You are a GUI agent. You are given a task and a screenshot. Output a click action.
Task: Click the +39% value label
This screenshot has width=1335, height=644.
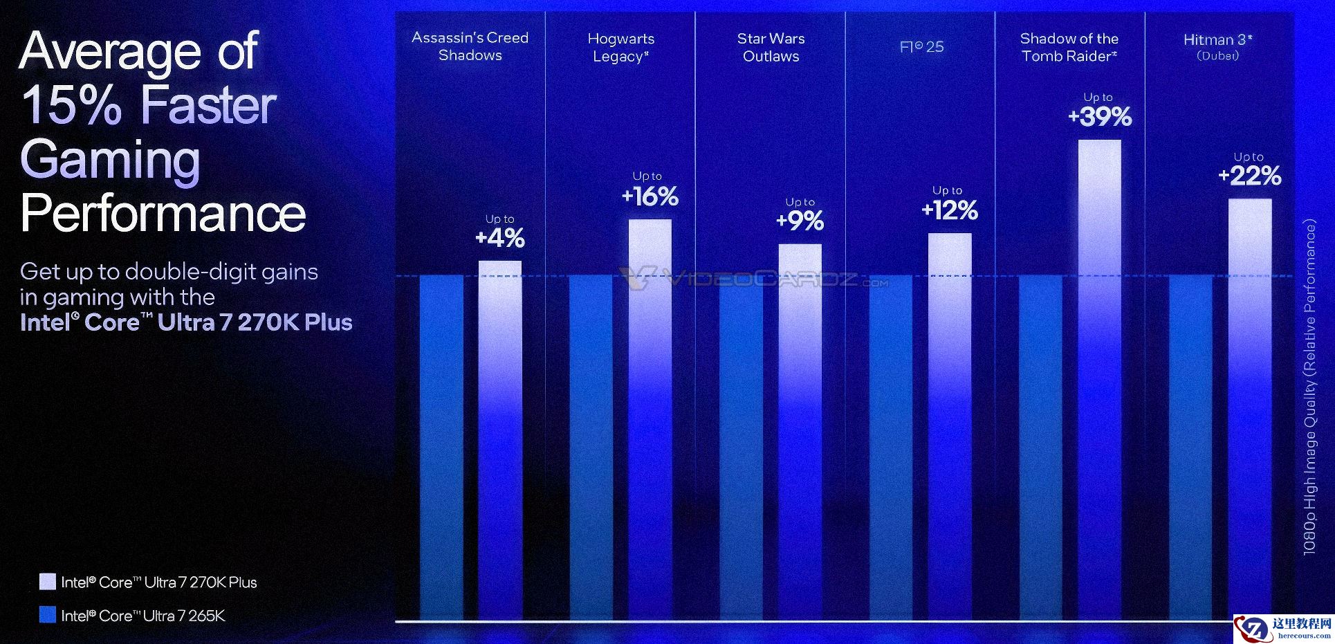pyautogui.click(x=1100, y=116)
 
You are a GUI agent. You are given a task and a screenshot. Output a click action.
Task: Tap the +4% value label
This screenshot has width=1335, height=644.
pyautogui.click(x=500, y=238)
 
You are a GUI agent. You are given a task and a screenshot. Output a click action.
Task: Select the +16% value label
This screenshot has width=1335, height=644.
pyautogui.click(x=650, y=196)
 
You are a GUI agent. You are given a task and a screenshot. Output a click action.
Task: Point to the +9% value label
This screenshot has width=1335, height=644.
pyautogui.click(x=800, y=221)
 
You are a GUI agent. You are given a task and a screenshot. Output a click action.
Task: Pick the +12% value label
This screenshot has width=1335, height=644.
pyautogui.click(x=950, y=210)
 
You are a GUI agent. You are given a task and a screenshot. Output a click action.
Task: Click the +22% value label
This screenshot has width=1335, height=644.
pyautogui.click(x=1250, y=176)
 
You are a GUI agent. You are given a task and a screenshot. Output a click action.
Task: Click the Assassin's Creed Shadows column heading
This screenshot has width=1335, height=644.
pyautogui.click(x=470, y=46)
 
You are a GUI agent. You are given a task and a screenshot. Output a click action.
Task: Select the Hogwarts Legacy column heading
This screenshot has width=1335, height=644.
pyautogui.click(x=620, y=47)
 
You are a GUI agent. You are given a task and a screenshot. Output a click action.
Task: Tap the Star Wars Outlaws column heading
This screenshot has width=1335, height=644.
pyautogui.click(x=771, y=47)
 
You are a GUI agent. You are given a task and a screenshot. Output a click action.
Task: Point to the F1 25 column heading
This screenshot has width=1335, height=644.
pyautogui.click(x=921, y=46)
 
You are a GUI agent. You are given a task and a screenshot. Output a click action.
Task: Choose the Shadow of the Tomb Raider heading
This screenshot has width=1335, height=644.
pyautogui.click(x=1069, y=47)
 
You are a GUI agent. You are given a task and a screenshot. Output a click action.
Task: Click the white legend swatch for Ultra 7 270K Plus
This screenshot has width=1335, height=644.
pyautogui.click(x=47, y=581)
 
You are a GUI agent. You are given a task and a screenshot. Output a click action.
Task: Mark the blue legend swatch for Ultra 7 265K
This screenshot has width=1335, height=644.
pyautogui.click(x=47, y=614)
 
